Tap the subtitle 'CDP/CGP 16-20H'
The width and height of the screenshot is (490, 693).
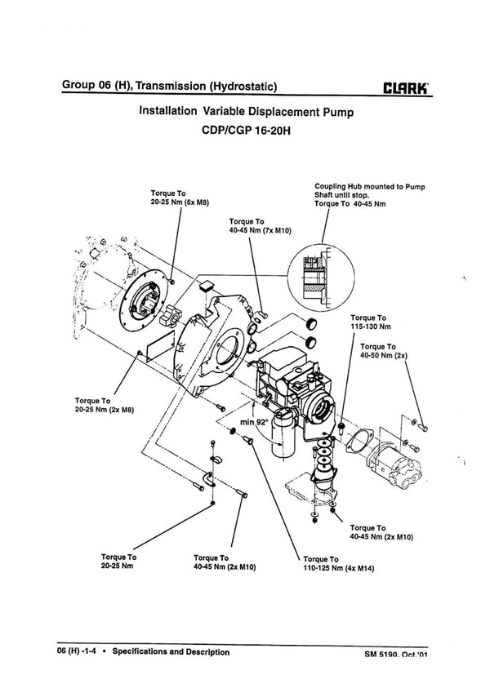pyautogui.click(x=245, y=130)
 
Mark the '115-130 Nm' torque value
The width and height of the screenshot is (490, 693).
pyautogui.click(x=367, y=326)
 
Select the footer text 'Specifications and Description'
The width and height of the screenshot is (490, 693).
pyautogui.click(x=171, y=652)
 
